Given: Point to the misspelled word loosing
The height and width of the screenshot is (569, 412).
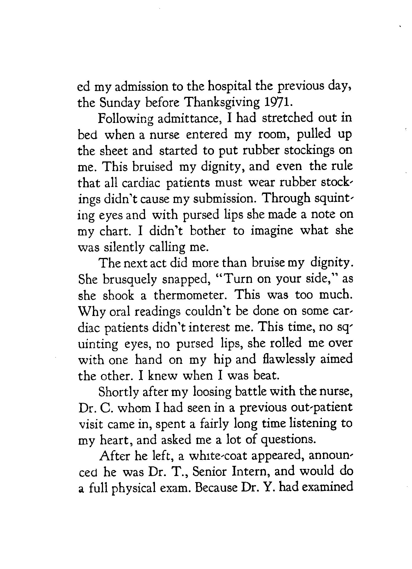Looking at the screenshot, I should tap(212, 392).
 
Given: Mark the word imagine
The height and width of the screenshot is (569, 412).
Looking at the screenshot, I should tap(272, 231).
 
